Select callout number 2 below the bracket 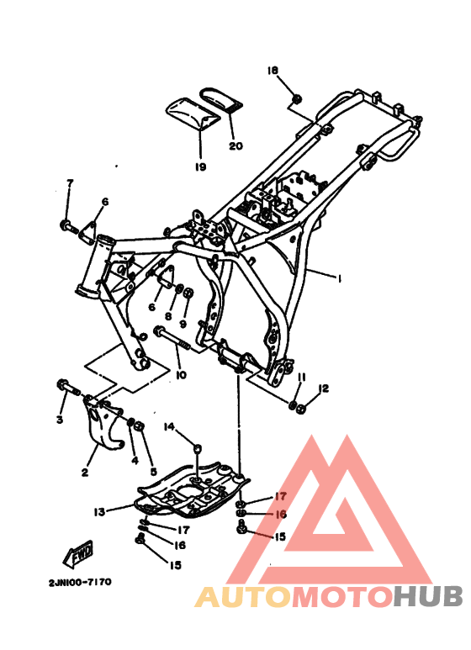click(x=84, y=473)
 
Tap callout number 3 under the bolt click(x=61, y=419)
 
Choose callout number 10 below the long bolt click(x=180, y=374)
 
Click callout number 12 click(x=323, y=388)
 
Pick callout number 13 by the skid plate click(x=99, y=510)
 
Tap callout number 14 click(x=168, y=427)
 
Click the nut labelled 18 click(x=297, y=101)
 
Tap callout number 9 click(x=183, y=324)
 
